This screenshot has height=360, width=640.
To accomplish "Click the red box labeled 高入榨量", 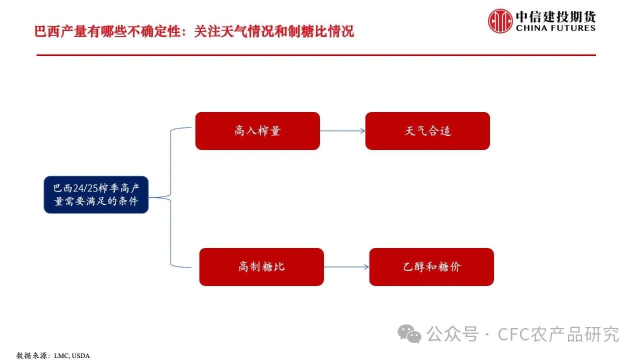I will tap(257, 131).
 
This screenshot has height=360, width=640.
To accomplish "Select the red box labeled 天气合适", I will tap(427, 131).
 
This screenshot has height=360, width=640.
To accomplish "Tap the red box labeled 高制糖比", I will tap(261, 267).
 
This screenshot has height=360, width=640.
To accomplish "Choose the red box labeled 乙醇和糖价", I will tap(431, 267).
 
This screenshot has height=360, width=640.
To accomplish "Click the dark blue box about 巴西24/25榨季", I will tap(96, 195).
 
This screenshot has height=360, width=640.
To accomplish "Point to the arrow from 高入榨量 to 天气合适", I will tap(342, 131).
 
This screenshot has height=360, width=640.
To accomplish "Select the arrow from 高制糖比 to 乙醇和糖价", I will tap(346, 267).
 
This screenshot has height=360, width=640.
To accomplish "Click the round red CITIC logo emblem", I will tap(500, 21).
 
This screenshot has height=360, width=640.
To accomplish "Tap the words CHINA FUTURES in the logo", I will tap(555, 28).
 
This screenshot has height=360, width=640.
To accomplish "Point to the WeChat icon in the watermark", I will tap(409, 333).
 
